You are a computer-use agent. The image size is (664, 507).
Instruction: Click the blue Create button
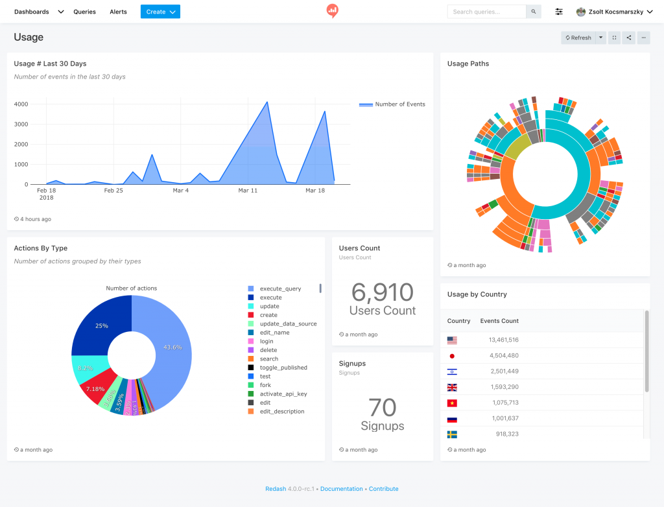pos(160,12)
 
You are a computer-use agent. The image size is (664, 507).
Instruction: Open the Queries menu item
pos(84,12)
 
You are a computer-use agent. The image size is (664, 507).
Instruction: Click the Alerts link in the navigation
pos(118,12)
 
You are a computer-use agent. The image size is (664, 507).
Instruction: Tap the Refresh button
pos(578,38)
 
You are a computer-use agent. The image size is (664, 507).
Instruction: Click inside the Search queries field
pos(486,12)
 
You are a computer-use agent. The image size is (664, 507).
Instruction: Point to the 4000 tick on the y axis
pos(21,104)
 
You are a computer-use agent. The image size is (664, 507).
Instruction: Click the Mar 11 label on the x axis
pos(248,191)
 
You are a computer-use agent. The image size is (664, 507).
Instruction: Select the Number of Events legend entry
pos(399,104)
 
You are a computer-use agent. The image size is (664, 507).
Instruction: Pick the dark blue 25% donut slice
pos(102,325)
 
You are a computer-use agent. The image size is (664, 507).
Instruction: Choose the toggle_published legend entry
pos(283,368)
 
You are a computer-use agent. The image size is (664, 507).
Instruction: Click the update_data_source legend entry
pos(288,324)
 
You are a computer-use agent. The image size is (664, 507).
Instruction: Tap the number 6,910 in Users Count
pos(383,292)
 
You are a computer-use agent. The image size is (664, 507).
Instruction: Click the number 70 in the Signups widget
pos(383,408)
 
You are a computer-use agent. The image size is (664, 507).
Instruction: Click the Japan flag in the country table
pos(452,355)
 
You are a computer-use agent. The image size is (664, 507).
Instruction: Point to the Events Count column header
pos(499,321)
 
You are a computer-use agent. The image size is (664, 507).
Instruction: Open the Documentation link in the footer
pos(342,489)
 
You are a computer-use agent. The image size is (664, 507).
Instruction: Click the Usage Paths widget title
pos(468,64)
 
